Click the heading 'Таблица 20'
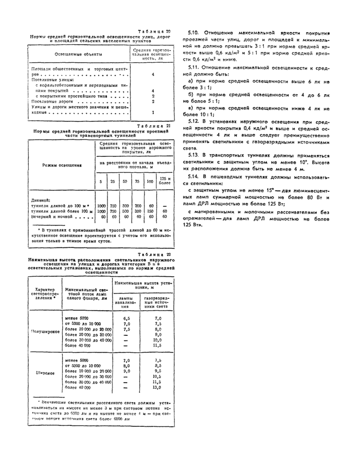click(x=154, y=32)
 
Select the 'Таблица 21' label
click(x=154, y=125)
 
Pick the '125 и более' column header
click(x=165, y=181)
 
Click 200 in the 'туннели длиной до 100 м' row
click(x=138, y=205)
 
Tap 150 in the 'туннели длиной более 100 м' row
click(x=151, y=211)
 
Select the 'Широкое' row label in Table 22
click(x=45, y=372)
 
